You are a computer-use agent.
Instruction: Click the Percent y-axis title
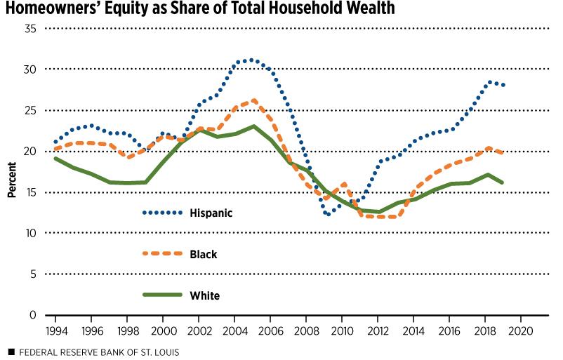point(12,171)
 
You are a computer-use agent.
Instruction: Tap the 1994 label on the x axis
point(55,329)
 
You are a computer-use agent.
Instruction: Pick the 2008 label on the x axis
point(305,329)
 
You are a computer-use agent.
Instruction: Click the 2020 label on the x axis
point(520,329)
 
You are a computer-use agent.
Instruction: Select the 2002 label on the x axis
point(198,329)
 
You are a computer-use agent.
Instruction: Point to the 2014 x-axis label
point(413,329)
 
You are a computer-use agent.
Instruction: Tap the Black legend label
point(203,254)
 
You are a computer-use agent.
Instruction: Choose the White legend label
point(204,295)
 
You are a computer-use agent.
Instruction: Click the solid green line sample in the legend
point(161,295)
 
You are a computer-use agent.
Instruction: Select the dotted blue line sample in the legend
point(161,212)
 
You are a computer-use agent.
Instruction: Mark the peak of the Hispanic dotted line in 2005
point(251,60)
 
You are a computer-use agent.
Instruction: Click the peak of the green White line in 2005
point(251,126)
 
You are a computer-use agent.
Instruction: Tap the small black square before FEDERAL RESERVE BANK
point(11,351)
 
